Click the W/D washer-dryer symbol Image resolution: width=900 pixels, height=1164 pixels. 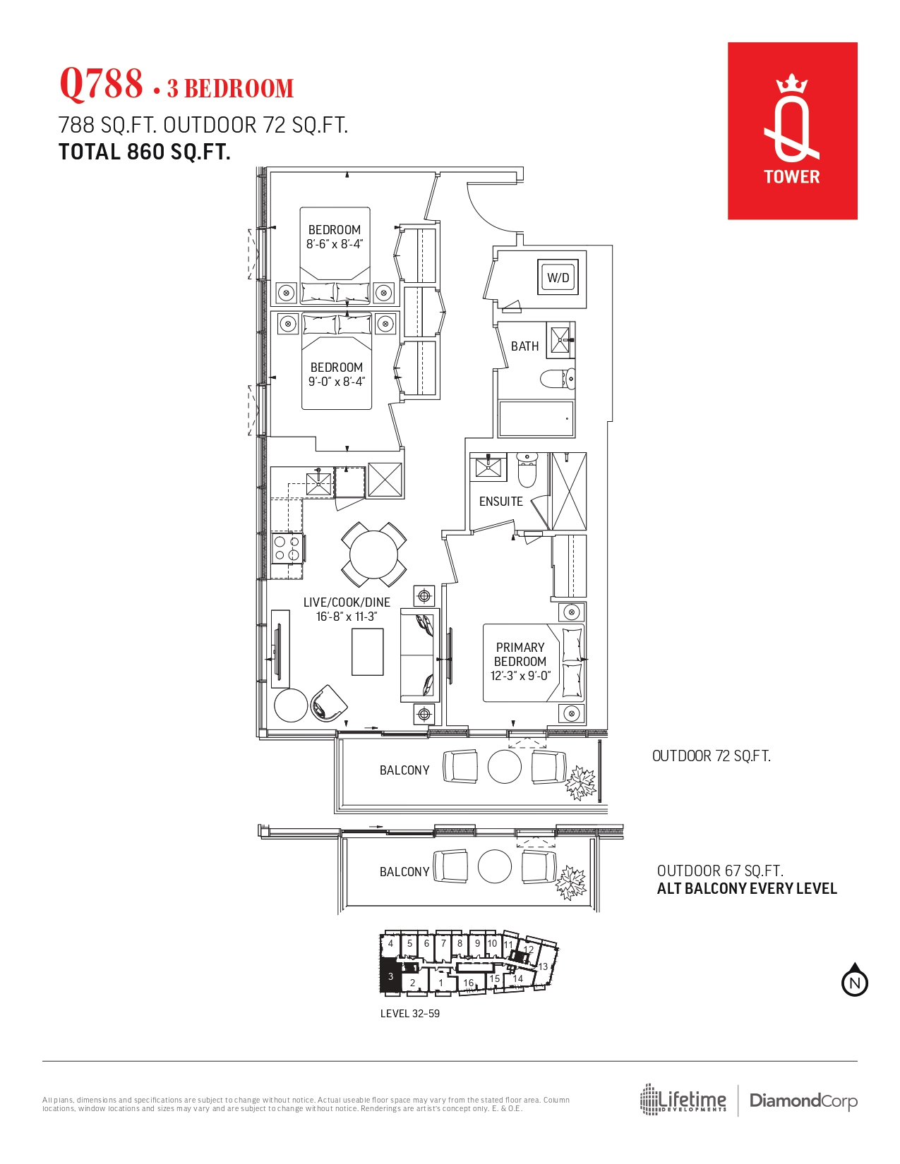558,277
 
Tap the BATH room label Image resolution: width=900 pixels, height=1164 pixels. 524,346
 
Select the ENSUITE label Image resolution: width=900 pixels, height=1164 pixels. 500,502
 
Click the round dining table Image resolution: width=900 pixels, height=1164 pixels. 373,554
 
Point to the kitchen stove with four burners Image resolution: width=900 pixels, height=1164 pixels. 287,549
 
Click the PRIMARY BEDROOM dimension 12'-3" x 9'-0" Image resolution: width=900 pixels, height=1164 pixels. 520,676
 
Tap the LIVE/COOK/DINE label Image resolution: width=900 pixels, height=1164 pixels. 347,602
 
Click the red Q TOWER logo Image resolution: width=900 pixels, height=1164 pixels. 792,131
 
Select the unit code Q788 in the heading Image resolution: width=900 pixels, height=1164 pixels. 102,83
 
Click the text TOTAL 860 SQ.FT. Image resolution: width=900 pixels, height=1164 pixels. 144,152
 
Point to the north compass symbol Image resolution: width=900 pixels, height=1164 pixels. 854,981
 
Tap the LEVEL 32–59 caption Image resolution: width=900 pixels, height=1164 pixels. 409,1014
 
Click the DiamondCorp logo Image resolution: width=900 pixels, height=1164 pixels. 803,1101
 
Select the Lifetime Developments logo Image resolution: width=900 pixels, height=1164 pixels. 683,1099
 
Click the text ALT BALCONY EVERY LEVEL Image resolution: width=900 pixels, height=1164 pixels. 747,889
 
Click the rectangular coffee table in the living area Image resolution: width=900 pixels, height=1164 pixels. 367,652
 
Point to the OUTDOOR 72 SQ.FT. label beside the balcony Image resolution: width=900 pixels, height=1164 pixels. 712,756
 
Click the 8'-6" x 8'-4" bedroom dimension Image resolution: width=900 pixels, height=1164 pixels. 335,244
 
